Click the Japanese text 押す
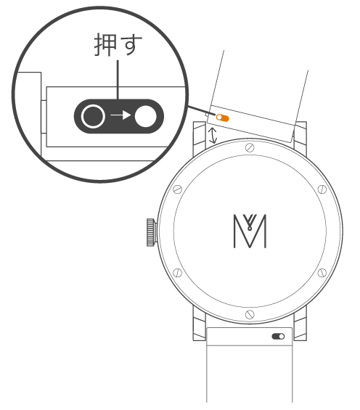[x=118, y=44]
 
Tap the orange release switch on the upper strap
[x=223, y=118]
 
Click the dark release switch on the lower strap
[x=278, y=336]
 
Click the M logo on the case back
[x=250, y=231]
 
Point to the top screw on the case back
[x=250, y=148]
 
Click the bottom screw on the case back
[x=250, y=314]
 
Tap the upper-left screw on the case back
[x=178, y=189]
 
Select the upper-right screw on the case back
[x=322, y=189]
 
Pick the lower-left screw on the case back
[x=178, y=273]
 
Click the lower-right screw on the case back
[x=322, y=273]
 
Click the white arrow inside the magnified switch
[x=120, y=115]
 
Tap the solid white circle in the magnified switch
[x=146, y=116]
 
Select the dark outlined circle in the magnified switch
[x=93, y=116]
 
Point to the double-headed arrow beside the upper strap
[x=213, y=136]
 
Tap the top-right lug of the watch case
[x=300, y=136]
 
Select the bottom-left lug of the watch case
[x=199, y=323]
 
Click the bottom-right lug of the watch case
[x=300, y=324]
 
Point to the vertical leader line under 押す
[x=118, y=80]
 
